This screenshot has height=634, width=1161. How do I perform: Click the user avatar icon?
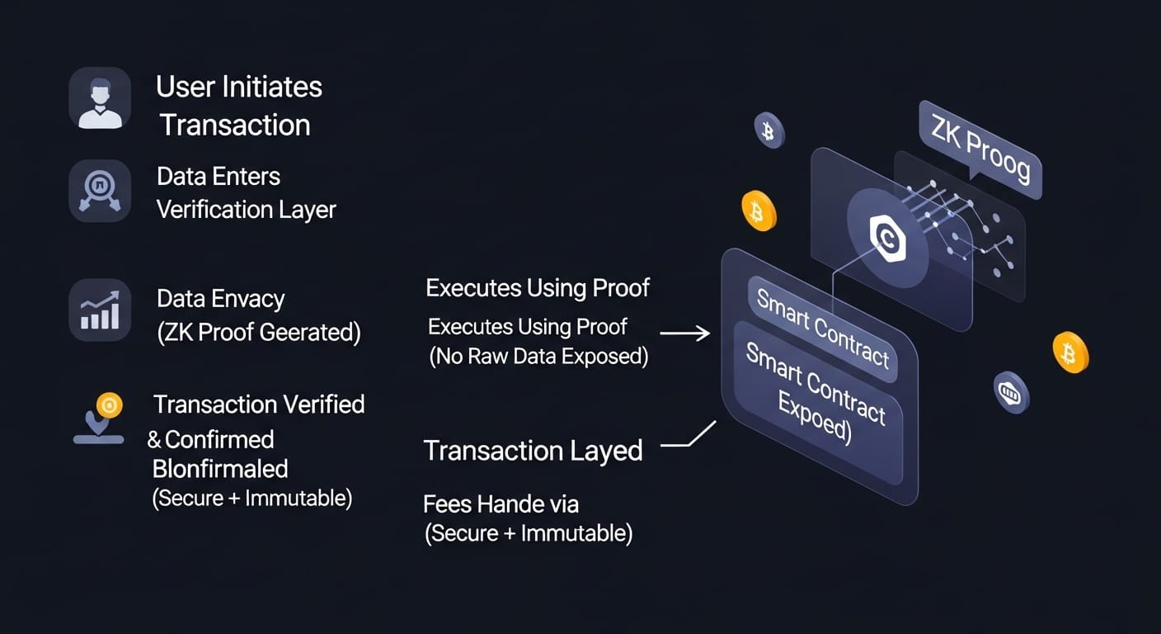100,99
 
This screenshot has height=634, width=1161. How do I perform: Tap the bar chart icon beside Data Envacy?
100,310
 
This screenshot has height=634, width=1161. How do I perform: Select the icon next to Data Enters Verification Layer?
100,192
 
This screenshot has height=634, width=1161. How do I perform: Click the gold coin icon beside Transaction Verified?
109,405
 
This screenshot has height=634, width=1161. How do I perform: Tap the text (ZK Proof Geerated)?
259,332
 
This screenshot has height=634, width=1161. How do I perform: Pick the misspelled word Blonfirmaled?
220,469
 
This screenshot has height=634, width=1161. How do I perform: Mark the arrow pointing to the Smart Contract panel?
685,334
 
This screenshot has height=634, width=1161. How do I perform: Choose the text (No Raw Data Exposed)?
538,357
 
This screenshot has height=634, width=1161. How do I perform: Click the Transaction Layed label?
533,451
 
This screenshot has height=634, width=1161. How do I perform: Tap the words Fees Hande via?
501,503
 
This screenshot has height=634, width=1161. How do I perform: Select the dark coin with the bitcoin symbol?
769,131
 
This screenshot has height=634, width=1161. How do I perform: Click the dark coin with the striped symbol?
1011,392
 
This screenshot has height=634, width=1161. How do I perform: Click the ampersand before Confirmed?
154,440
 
